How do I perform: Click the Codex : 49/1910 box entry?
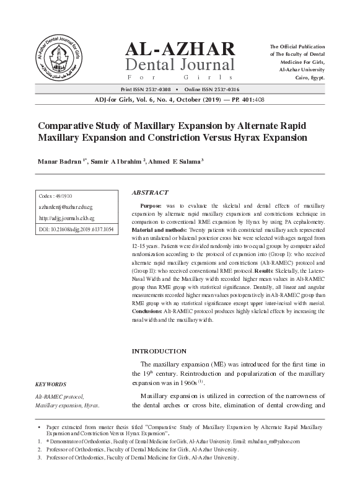tap(56, 197)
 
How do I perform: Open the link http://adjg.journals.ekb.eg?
tap(66, 218)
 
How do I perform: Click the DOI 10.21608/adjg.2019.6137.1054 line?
tap(76, 229)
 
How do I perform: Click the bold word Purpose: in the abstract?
tap(152, 205)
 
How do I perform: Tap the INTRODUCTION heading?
tap(159, 351)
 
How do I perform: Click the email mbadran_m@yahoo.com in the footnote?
tap(270, 441)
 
